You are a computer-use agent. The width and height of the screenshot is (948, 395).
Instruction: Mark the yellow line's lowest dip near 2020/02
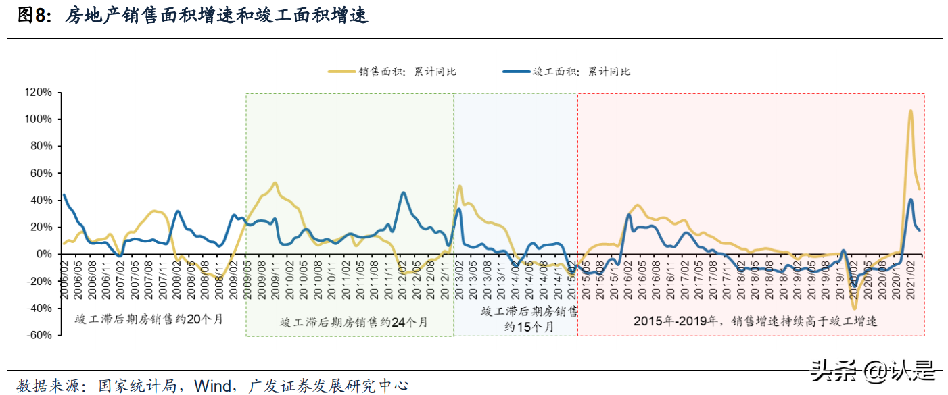(x=854, y=308)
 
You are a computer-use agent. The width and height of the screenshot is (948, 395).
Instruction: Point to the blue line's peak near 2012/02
(x=404, y=193)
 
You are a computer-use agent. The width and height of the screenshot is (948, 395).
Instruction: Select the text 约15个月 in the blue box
(x=529, y=327)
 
